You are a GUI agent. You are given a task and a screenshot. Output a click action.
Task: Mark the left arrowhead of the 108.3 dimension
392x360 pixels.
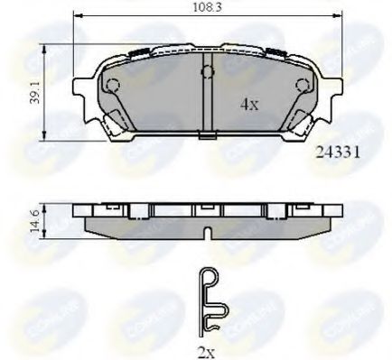click(76, 16)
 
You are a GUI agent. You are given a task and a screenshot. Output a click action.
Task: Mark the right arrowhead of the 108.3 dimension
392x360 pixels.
click(341, 16)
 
